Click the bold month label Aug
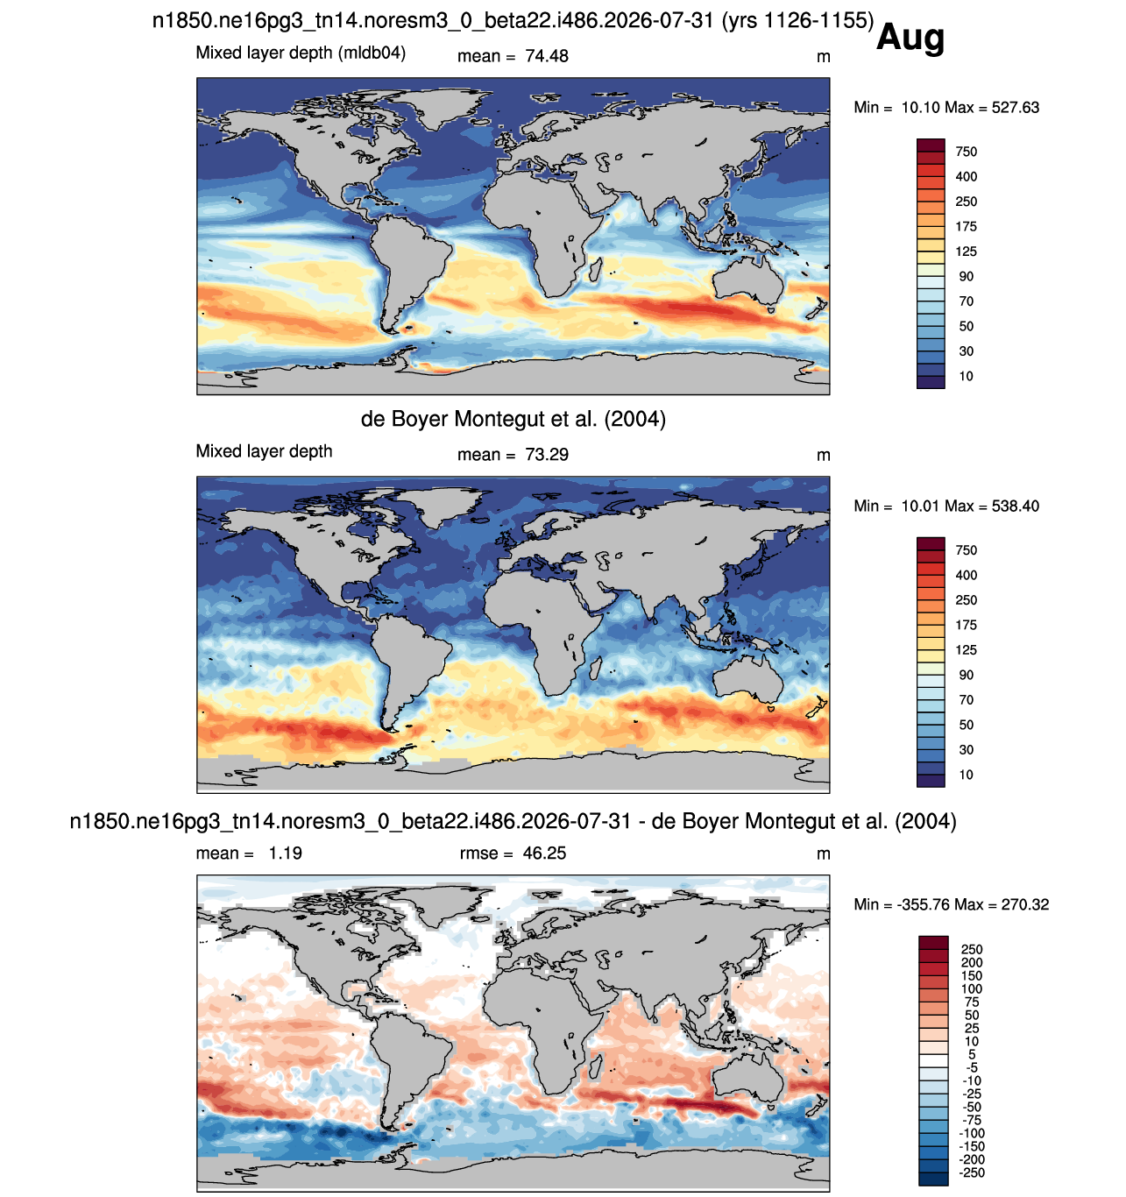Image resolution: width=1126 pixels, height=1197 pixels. [910, 39]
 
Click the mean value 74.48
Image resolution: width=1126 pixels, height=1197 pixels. [546, 56]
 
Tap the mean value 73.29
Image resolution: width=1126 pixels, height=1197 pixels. [546, 455]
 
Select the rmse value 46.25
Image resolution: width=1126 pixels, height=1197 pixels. [543, 853]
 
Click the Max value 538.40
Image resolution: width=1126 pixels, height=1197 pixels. [1015, 506]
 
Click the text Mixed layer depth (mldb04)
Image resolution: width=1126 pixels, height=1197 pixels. [301, 53]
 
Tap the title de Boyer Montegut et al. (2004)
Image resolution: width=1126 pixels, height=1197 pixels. [513, 419]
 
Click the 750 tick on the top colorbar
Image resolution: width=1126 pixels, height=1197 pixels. [966, 152]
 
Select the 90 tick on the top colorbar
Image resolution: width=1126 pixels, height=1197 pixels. [966, 277]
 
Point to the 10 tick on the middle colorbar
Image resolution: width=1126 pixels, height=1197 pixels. [966, 775]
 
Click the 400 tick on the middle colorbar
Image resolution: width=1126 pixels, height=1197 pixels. [966, 575]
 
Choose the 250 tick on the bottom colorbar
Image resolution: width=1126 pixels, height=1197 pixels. [972, 949]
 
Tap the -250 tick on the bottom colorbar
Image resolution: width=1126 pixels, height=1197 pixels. [972, 1172]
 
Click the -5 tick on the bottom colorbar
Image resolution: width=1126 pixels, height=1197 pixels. [972, 1067]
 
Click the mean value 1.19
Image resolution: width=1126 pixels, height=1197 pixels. [285, 853]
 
